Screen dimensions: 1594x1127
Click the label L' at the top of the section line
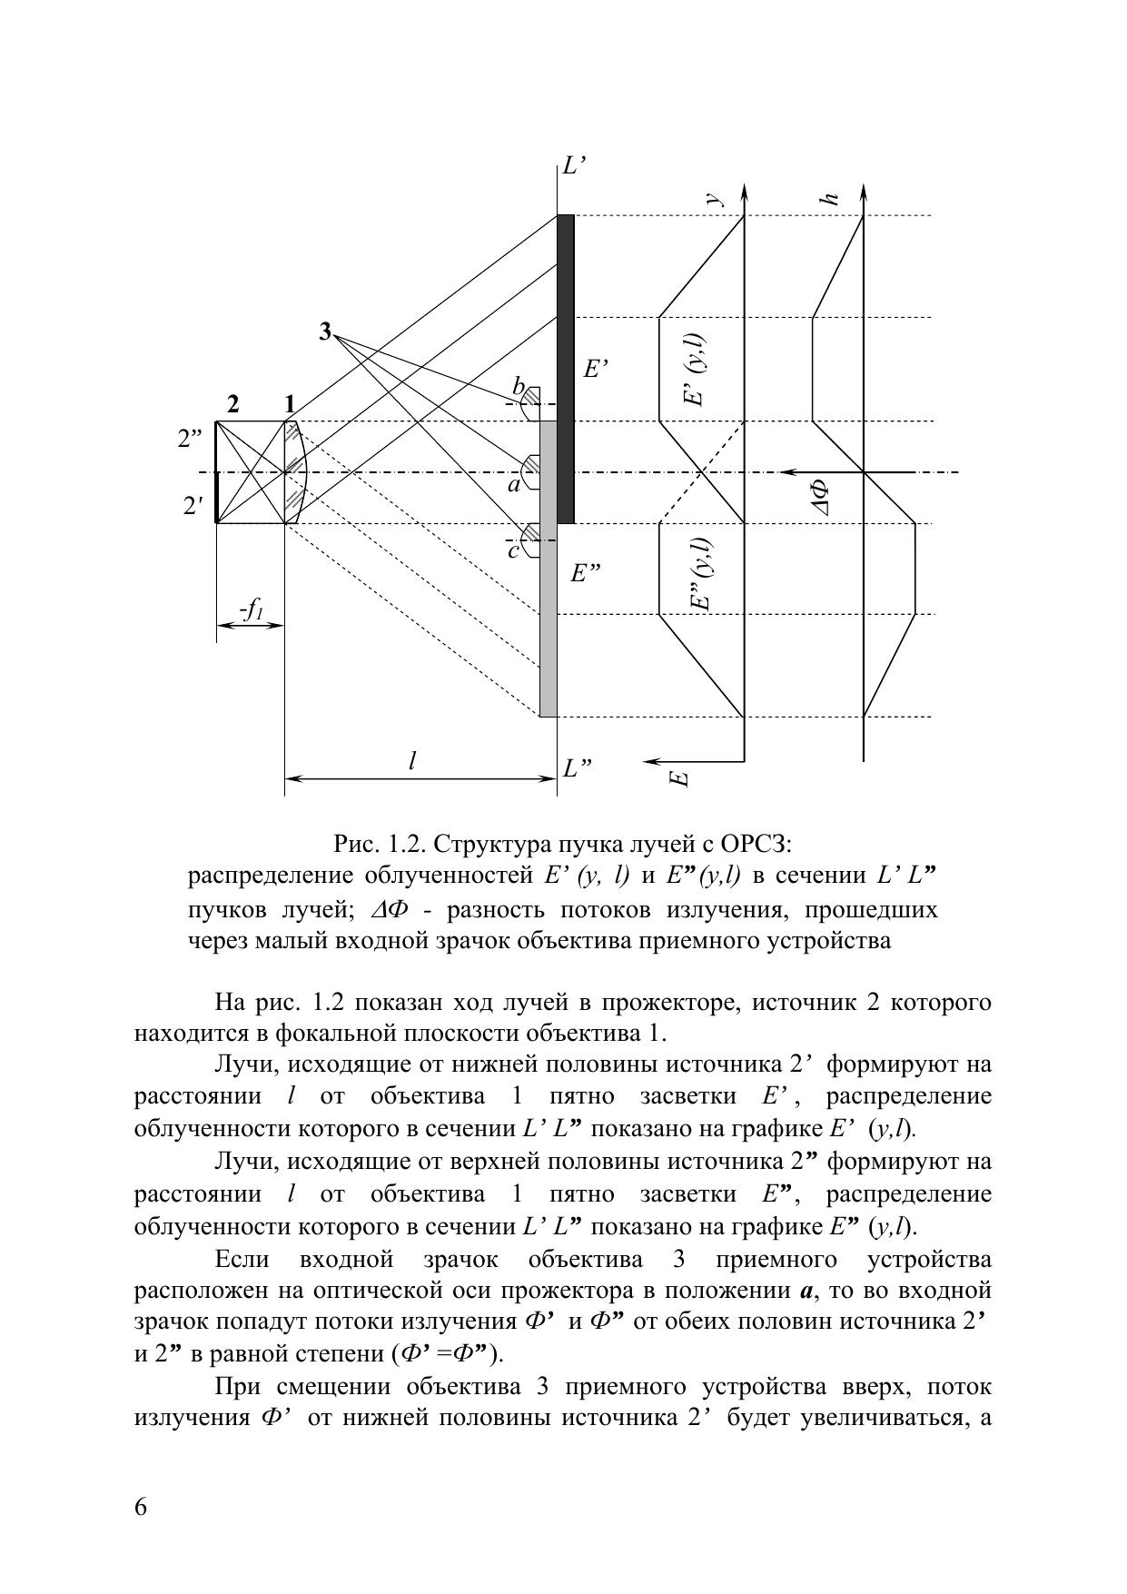click(574, 165)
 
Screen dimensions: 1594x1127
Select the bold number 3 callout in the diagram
click(325, 332)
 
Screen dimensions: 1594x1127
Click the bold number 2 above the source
click(233, 404)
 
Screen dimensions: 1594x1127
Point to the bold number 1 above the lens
click(289, 404)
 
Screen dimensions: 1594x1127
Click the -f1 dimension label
click(251, 609)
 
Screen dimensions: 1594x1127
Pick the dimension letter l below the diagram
click(412, 760)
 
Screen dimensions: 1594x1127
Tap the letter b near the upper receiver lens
click(518, 387)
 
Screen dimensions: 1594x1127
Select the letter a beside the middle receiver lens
click(514, 485)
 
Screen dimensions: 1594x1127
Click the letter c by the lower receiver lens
click(513, 550)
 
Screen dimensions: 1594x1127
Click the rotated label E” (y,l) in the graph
click(700, 574)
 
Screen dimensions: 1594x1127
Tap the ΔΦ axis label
click(822, 498)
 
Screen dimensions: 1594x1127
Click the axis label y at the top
click(715, 197)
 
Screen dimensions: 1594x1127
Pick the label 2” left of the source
click(190, 439)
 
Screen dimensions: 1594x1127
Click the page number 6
click(141, 1507)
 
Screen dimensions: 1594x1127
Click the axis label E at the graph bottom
click(679, 777)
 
